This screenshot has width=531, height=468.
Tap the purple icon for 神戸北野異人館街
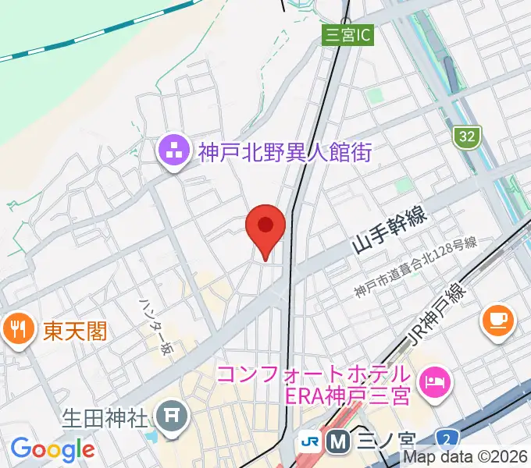pyautogui.click(x=172, y=152)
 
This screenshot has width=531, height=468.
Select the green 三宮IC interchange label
pyautogui.click(x=348, y=34)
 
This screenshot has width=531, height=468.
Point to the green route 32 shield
pyautogui.click(x=466, y=136)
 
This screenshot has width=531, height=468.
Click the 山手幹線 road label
pyautogui.click(x=389, y=232)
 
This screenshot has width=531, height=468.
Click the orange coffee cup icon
pyautogui.click(x=498, y=320)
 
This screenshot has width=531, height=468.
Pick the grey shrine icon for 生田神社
pyautogui.click(x=169, y=415)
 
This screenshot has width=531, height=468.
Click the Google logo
pyautogui.click(x=52, y=449)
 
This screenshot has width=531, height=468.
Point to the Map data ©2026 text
pyautogui.click(x=465, y=458)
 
